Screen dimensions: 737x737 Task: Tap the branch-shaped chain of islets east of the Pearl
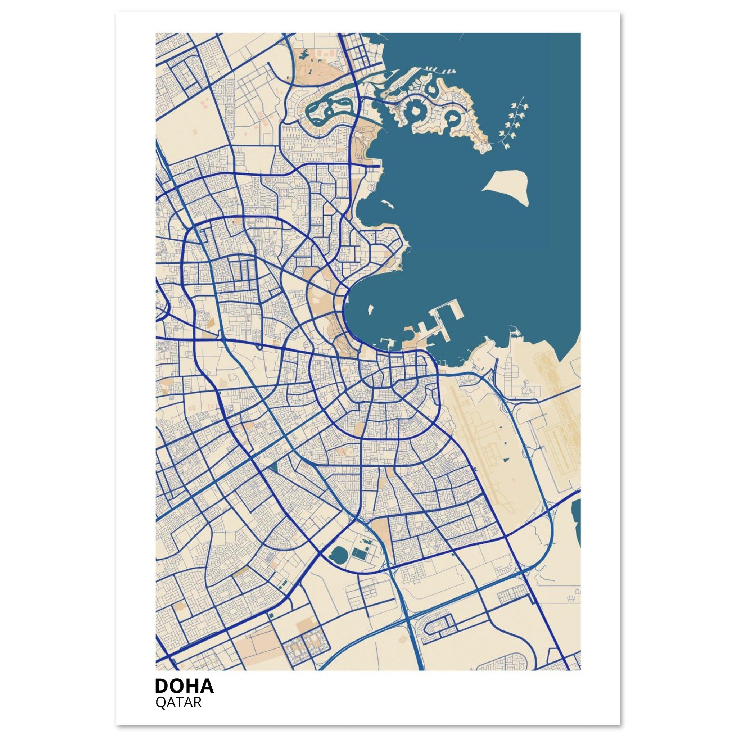tap(513, 122)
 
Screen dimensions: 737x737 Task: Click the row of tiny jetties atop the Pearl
tap(439, 69)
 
